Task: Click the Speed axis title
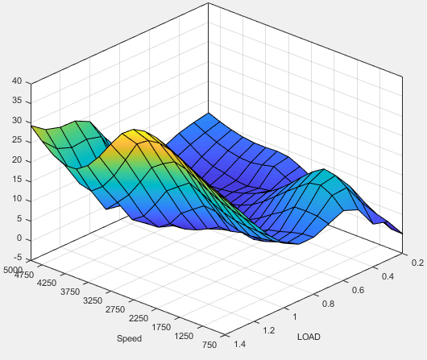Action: [x=130, y=337]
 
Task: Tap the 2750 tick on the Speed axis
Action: [x=115, y=308]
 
